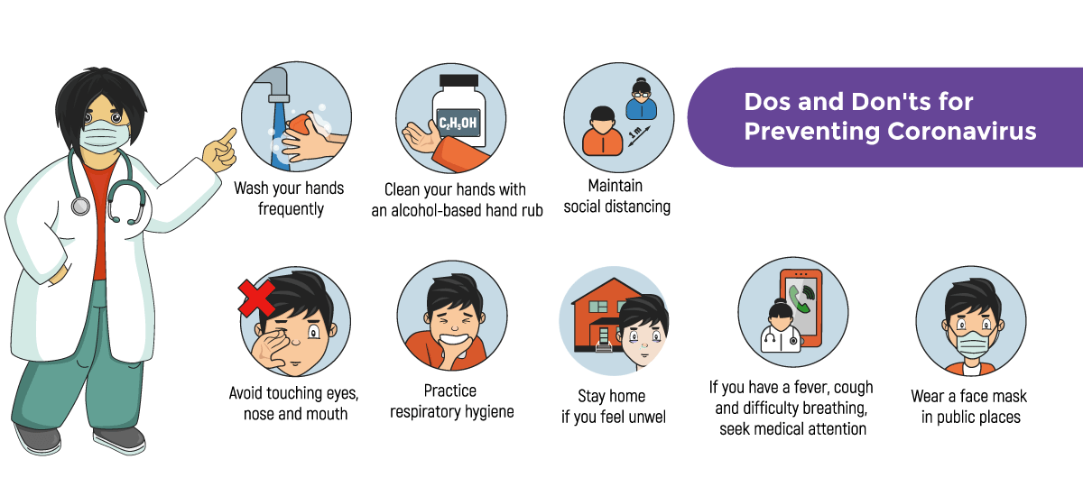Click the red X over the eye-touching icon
pyautogui.click(x=256, y=298)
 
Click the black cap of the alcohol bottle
pyautogui.click(x=458, y=80)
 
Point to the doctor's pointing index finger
pyautogui.click(x=227, y=136)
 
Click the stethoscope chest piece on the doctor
pyautogui.click(x=80, y=207)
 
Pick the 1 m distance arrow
pyautogui.click(x=640, y=136)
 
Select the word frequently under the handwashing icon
pyautogui.click(x=291, y=209)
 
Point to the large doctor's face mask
pyautogui.click(x=105, y=136)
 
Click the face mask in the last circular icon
pyautogui.click(x=973, y=344)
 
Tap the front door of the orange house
pyautogui.click(x=604, y=335)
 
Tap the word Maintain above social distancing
pyautogui.click(x=615, y=186)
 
